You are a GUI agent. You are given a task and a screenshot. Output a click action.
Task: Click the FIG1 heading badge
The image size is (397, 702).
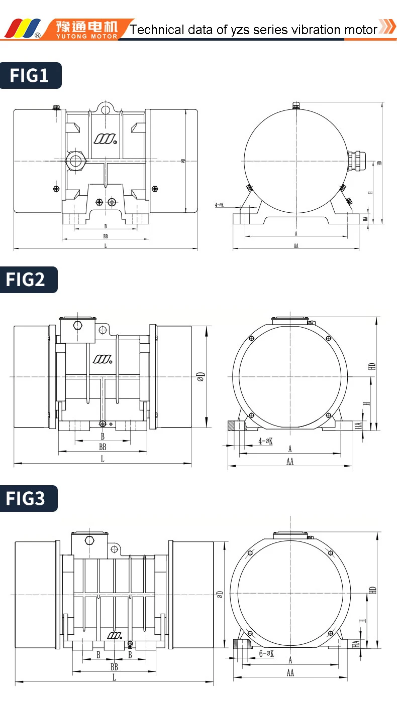tap(30, 75)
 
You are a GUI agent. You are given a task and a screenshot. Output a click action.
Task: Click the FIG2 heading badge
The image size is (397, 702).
tap(29, 279)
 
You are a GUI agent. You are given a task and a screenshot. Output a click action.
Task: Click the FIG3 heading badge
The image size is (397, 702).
tap(29, 498)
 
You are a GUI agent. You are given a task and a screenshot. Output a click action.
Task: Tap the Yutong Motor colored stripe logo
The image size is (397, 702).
tap(22, 28)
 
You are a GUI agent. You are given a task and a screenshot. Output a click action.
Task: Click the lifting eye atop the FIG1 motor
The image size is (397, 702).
tap(105, 109)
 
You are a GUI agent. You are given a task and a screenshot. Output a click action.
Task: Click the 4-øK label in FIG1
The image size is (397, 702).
tap(220, 205)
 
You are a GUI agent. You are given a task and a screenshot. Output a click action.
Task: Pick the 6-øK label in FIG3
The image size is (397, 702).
tap(266, 653)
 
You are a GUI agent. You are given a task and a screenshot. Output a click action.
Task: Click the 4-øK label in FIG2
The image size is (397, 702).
tap(265, 441)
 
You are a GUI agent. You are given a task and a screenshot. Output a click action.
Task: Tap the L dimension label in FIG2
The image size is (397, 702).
tap(103, 459)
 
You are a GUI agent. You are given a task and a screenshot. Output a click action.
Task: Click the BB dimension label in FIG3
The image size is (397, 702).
tap(114, 667)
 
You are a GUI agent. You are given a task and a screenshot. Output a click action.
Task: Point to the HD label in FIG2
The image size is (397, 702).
tap(372, 366)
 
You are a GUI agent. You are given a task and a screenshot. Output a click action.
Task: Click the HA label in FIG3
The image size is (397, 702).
tap(357, 644)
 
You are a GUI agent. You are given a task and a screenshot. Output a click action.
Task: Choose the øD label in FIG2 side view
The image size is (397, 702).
tap(201, 376)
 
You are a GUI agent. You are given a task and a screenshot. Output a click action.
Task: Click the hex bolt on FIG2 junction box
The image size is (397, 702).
tap(77, 325)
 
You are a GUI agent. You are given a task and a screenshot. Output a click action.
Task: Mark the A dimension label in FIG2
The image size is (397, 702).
tap(290, 449)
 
